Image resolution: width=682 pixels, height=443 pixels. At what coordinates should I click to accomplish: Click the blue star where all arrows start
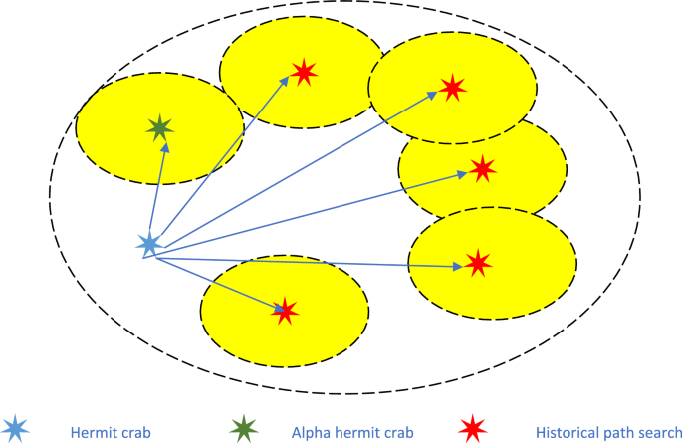click(x=148, y=244)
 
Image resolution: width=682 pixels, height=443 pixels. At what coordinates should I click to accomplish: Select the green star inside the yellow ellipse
click(x=159, y=127)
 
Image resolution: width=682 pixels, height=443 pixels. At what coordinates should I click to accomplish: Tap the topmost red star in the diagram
click(x=305, y=72)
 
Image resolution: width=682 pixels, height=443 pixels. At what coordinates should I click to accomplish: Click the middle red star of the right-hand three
click(x=483, y=169)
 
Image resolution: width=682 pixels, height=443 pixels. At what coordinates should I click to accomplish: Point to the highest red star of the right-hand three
click(x=453, y=88)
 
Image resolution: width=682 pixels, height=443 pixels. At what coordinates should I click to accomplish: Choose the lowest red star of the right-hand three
click(x=479, y=263)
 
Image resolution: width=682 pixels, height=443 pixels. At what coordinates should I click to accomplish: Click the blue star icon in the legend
click(x=17, y=430)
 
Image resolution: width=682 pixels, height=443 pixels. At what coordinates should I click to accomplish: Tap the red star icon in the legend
click(x=472, y=430)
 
